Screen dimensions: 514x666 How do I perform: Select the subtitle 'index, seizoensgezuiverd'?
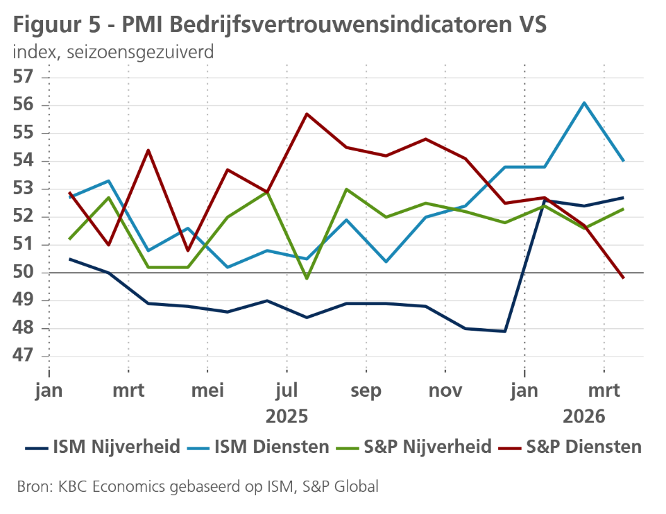pyautogui.click(x=112, y=52)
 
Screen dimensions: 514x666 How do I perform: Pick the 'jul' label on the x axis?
pyautogui.click(x=287, y=391)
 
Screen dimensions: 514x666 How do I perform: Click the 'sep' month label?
pyautogui.click(x=366, y=391)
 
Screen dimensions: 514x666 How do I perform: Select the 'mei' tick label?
pyautogui.click(x=207, y=391)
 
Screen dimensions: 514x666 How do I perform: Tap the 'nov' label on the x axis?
pyautogui.click(x=445, y=391)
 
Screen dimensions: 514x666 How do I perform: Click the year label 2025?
pyautogui.click(x=287, y=416)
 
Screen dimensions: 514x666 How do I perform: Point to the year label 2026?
pyautogui.click(x=583, y=416)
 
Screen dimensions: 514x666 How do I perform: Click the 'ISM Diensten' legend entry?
pyautogui.click(x=260, y=447)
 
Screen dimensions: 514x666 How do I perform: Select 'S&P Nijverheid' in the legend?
pyautogui.click(x=415, y=447)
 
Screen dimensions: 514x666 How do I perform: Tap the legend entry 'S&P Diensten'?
pyautogui.click(x=570, y=447)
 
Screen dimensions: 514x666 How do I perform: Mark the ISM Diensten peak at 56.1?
pyautogui.click(x=585, y=103)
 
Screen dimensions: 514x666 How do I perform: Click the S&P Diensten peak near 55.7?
pyautogui.click(x=307, y=114)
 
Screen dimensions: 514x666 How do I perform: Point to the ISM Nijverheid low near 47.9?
pyautogui.click(x=505, y=332)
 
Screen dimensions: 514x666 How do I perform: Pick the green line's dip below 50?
pyautogui.click(x=307, y=278)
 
